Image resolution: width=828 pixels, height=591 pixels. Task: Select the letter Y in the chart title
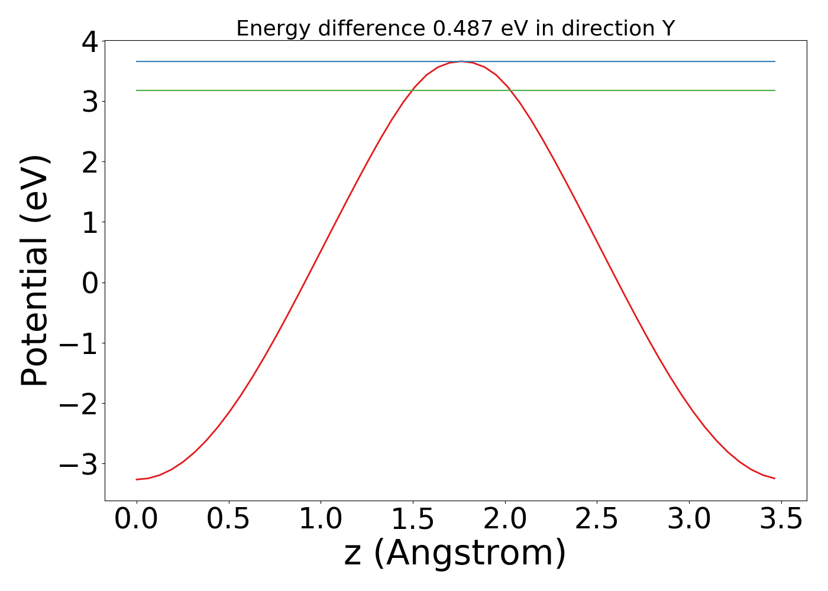click(x=668, y=28)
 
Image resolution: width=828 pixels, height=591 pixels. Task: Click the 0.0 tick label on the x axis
click(x=137, y=519)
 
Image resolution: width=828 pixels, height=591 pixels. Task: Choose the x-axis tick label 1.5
click(x=412, y=519)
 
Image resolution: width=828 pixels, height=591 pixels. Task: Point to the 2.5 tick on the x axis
click(x=597, y=519)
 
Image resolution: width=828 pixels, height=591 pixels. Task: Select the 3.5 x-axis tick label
click(x=781, y=519)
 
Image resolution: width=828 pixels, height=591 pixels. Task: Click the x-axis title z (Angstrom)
click(x=455, y=554)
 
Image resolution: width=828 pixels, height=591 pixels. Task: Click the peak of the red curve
click(x=461, y=61)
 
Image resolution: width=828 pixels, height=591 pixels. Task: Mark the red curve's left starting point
click(x=137, y=479)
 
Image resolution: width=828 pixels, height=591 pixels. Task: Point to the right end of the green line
click(x=775, y=90)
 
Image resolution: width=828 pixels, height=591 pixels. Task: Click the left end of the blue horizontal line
click(x=137, y=61)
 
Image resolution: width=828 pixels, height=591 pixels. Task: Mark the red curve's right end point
click(x=775, y=478)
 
